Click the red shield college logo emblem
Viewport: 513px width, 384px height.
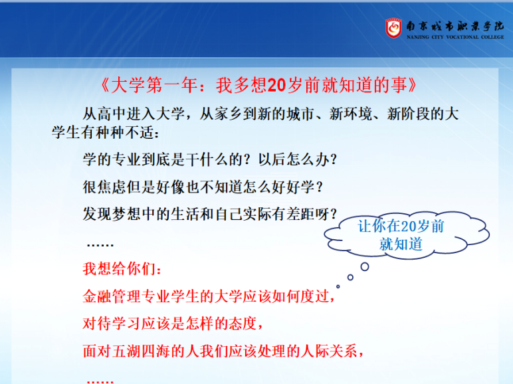pyautogui.click(x=393, y=28)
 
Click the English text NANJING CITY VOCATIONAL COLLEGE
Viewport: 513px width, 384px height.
pyautogui.click(x=455, y=37)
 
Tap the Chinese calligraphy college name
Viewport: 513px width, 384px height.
pyautogui.click(x=455, y=26)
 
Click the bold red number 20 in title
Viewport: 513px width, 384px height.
pyautogui.click(x=277, y=85)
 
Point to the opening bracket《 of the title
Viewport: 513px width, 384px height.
pyautogui.click(x=105, y=85)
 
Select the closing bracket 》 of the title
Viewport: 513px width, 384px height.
pyautogui.click(x=412, y=85)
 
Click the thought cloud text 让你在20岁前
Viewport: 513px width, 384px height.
pyautogui.click(x=401, y=226)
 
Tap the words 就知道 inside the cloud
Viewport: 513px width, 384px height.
pyautogui.click(x=401, y=244)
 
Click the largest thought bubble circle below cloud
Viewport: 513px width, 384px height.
pyautogui.click(x=365, y=267)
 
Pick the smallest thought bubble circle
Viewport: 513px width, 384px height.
pyautogui.click(x=338, y=286)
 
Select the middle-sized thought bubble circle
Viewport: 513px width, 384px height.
pyautogui.click(x=350, y=277)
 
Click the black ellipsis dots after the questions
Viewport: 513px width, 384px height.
pyautogui.click(x=100, y=244)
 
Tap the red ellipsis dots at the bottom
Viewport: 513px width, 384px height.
pyautogui.click(x=100, y=381)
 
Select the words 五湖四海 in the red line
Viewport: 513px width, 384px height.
pyautogui.click(x=141, y=351)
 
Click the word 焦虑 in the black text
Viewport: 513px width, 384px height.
pyautogui.click(x=112, y=187)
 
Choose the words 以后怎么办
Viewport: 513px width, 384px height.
pyautogui.click(x=294, y=159)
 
